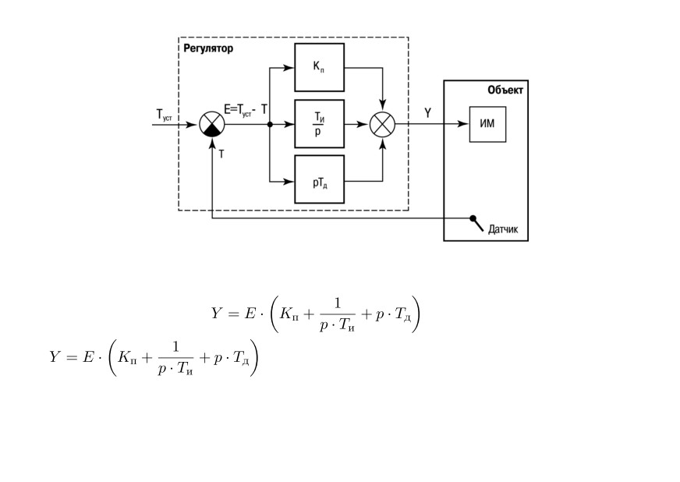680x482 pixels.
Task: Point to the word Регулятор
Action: [208, 48]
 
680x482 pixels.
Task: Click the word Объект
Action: [505, 90]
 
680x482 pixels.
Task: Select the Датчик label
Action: [503, 229]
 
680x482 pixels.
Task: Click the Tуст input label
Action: [164, 115]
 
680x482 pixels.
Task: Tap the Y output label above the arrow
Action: [428, 113]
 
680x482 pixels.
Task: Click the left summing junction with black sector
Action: [212, 124]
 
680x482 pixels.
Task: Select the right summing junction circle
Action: [382, 125]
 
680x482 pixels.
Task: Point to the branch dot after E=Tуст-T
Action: [270, 125]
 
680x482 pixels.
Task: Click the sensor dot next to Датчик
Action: [473, 218]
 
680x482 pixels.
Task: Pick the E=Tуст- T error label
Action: [246, 110]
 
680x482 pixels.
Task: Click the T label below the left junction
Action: [221, 154]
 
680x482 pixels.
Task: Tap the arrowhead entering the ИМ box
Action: [463, 124]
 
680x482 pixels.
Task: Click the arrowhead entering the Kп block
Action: [289, 67]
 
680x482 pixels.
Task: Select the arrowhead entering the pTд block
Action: [289, 182]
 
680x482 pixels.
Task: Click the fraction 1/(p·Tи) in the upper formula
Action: [337, 314]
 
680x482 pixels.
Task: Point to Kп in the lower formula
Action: [127, 357]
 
